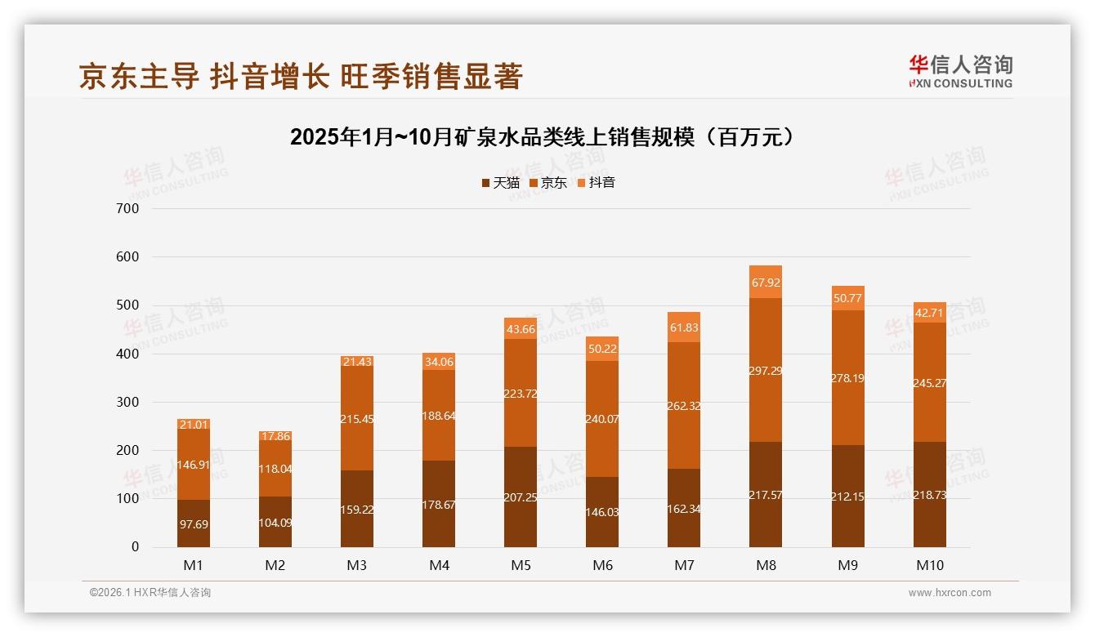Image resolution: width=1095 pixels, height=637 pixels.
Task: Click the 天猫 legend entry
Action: (x=500, y=183)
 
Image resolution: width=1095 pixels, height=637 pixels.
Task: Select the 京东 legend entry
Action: (x=548, y=183)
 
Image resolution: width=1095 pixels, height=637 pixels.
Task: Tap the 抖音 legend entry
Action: (x=597, y=183)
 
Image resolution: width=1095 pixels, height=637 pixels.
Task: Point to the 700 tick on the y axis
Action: (x=129, y=208)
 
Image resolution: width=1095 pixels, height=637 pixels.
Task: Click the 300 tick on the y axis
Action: (x=129, y=402)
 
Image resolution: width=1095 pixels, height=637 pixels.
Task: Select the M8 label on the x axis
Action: (x=766, y=565)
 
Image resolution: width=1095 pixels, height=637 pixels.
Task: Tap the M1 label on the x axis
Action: (x=194, y=565)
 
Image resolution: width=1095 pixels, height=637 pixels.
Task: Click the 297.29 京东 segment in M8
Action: (x=766, y=370)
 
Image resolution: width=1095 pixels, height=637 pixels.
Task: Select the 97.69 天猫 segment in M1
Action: (x=194, y=523)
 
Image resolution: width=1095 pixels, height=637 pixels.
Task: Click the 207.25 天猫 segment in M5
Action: (x=521, y=497)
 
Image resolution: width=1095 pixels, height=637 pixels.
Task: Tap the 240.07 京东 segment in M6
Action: (x=602, y=419)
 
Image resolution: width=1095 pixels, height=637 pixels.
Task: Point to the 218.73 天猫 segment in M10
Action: (x=929, y=495)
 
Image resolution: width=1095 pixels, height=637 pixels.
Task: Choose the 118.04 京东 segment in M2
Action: (x=275, y=469)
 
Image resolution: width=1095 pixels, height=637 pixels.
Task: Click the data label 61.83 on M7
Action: (x=684, y=327)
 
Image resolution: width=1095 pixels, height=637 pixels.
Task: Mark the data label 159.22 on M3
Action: (x=357, y=509)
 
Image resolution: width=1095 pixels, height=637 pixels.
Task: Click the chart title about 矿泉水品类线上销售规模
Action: (x=542, y=137)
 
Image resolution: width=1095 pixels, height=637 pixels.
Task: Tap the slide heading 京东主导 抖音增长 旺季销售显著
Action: (x=301, y=77)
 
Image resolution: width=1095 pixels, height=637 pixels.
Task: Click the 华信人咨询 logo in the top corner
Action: (x=960, y=72)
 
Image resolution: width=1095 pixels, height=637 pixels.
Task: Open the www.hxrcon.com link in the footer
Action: (x=950, y=593)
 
